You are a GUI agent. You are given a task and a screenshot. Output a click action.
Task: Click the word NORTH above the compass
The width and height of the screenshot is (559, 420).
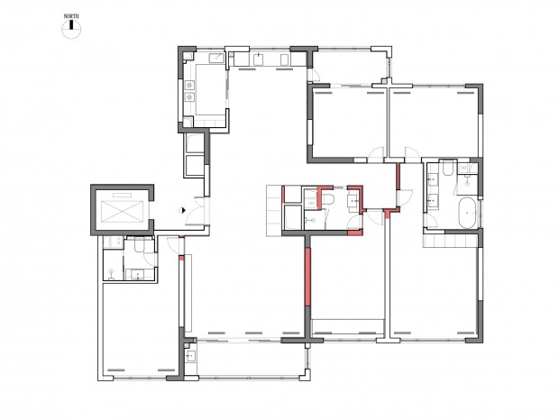(71, 16)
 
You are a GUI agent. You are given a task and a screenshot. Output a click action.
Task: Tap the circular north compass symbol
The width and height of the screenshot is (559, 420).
(71, 29)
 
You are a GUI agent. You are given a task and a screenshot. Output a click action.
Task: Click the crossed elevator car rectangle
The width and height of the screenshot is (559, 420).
(122, 212)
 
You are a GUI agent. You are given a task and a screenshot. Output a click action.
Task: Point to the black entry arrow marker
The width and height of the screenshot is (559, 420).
(182, 210)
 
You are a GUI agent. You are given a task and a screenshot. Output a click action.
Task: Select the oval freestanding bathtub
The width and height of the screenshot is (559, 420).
(467, 213)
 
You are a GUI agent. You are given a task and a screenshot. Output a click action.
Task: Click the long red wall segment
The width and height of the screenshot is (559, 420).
(308, 277)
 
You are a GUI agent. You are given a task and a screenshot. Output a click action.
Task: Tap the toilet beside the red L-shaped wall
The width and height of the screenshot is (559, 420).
(328, 199)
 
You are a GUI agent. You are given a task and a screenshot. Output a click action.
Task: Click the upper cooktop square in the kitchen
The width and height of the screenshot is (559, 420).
(189, 85)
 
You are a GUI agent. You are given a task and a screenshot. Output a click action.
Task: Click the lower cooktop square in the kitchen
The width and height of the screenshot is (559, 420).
(189, 96)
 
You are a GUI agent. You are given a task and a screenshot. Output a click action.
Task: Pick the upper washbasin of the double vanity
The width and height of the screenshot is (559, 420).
(433, 178)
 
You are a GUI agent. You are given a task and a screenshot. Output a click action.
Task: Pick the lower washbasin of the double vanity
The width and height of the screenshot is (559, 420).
(433, 201)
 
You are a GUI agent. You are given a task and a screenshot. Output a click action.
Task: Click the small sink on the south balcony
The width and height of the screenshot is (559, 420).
(191, 355)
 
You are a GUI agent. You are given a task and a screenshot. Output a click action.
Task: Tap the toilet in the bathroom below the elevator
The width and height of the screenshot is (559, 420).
(140, 245)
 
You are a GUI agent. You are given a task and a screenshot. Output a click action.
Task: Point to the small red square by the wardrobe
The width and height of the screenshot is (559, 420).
(181, 258)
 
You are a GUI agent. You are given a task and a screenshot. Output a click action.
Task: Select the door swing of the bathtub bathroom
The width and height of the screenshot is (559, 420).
(433, 221)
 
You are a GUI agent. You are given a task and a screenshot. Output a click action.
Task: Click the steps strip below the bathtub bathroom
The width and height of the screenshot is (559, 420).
(450, 241)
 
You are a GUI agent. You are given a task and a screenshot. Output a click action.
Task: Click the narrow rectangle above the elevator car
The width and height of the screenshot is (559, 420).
(123, 195)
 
